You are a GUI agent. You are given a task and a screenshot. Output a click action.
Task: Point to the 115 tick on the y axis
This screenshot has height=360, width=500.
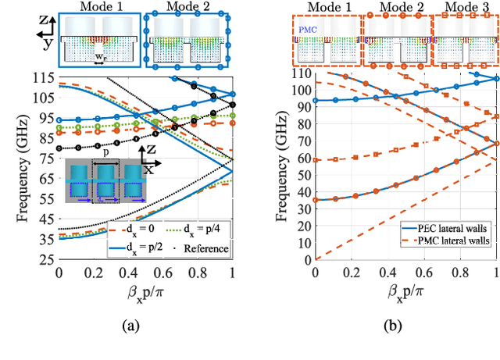(42, 76)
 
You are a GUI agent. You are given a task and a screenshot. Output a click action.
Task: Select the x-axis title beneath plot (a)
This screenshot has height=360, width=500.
(145, 294)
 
